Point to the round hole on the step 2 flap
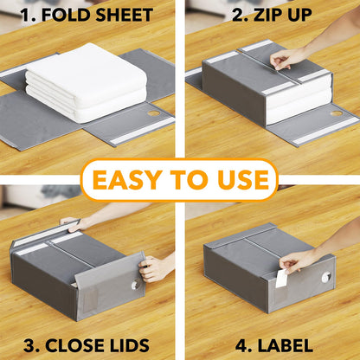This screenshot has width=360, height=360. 336,112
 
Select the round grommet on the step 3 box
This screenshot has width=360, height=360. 136,286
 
